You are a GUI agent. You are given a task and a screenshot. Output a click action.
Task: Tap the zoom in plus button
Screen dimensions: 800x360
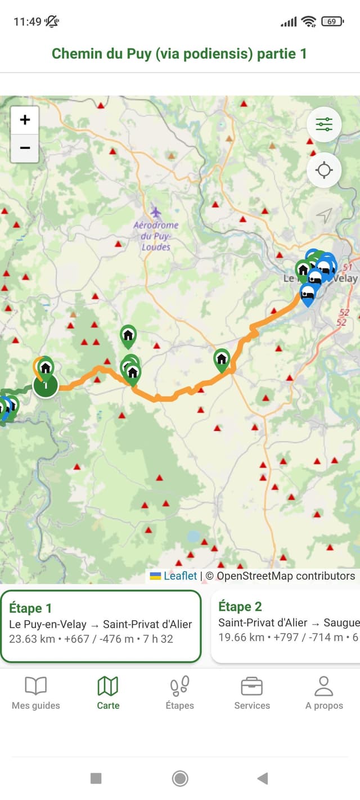(25, 120)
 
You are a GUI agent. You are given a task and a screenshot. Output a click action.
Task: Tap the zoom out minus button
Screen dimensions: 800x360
(25, 148)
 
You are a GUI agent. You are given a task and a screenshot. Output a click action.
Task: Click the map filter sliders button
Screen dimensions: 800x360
(324, 124)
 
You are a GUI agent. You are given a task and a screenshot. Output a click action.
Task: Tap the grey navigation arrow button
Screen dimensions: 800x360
(324, 214)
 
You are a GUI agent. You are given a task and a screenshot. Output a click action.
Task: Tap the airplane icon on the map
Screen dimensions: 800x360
(156, 212)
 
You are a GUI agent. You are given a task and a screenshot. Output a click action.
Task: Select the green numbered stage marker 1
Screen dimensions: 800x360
(46, 385)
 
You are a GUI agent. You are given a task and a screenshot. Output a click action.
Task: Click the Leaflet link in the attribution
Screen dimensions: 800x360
(180, 576)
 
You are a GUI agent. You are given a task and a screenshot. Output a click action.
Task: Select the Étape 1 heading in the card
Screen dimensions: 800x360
(30, 608)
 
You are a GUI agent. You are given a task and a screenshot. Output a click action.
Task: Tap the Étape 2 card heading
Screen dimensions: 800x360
(240, 606)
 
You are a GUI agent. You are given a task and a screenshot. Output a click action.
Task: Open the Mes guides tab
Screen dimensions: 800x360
(36, 693)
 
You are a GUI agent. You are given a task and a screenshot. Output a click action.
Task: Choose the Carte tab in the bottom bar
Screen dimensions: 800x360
(108, 693)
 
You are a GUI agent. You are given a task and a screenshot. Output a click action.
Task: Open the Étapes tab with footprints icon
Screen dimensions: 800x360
(180, 693)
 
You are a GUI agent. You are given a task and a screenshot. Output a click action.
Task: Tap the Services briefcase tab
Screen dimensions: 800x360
(252, 693)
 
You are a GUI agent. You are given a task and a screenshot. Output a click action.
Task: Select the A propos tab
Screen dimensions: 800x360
(324, 693)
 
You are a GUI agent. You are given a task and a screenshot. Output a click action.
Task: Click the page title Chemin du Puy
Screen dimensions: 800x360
(179, 53)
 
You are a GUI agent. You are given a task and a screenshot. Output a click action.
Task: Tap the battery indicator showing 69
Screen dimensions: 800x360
(332, 21)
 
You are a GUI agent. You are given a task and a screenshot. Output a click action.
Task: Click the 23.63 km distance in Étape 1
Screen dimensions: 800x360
(32, 639)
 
